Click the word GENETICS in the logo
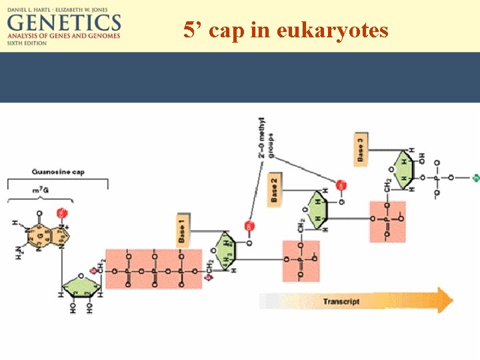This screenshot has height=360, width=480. tap(64, 23)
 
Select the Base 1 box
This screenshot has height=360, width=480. tap(183, 229)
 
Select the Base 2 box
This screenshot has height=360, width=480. tap(275, 189)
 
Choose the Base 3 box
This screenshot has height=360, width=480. tap(361, 149)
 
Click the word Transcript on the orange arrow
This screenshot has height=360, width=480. tap(341, 301)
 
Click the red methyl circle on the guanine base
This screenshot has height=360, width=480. tap(63, 213)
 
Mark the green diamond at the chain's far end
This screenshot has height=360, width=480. tap(476, 178)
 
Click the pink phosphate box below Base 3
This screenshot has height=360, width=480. tap(387, 221)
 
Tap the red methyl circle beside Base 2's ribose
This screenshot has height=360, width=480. tap(341, 185)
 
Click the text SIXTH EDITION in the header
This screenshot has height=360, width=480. tap(27, 43)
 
